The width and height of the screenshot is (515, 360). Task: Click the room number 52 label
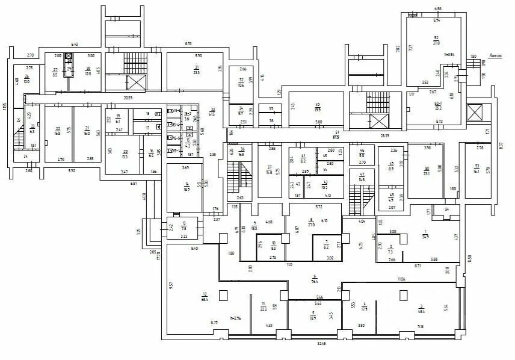436,37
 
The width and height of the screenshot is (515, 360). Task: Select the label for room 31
197,66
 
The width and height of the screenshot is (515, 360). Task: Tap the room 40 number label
317,104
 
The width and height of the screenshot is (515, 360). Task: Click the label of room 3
421,306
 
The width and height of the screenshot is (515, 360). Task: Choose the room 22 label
58,128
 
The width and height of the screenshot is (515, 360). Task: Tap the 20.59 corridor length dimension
128,98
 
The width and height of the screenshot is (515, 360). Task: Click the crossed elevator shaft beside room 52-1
475,111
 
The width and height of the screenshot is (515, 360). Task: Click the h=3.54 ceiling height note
449,54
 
